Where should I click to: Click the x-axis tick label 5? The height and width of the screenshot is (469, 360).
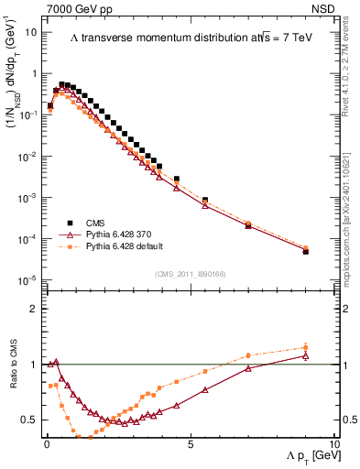click(x=190, y=443)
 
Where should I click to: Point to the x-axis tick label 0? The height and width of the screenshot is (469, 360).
click(x=46, y=443)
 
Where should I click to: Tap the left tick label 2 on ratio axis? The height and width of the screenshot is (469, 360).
click(x=33, y=309)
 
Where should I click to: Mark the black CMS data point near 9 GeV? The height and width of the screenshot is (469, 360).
click(x=306, y=251)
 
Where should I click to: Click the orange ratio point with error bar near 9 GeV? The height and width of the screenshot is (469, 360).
click(x=306, y=347)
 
